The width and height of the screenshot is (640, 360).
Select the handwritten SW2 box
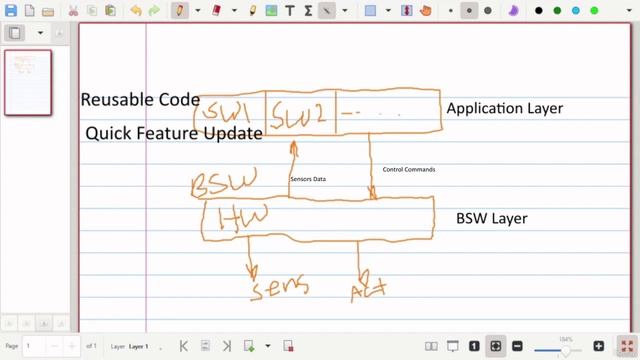[301, 113]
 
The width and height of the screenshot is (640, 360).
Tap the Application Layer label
[504, 108]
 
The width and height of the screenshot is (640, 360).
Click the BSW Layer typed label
[491, 218]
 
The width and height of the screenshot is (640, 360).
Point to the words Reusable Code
[140, 100]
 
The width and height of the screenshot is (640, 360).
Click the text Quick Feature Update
[174, 133]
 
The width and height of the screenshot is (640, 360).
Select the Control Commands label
[409, 169]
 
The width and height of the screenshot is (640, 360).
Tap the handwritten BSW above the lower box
[223, 182]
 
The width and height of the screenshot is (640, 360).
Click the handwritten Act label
[368, 290]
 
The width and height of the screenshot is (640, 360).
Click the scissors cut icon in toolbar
[73, 10]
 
